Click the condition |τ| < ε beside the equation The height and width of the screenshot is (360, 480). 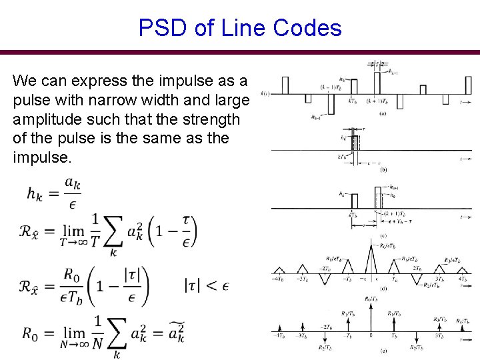coord(207,286)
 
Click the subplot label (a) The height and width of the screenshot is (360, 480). coord(383,113)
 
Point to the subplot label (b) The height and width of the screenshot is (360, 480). coord(383,170)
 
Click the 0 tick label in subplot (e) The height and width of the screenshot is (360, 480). coord(370,335)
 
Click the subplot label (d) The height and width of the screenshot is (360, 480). coord(383,288)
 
